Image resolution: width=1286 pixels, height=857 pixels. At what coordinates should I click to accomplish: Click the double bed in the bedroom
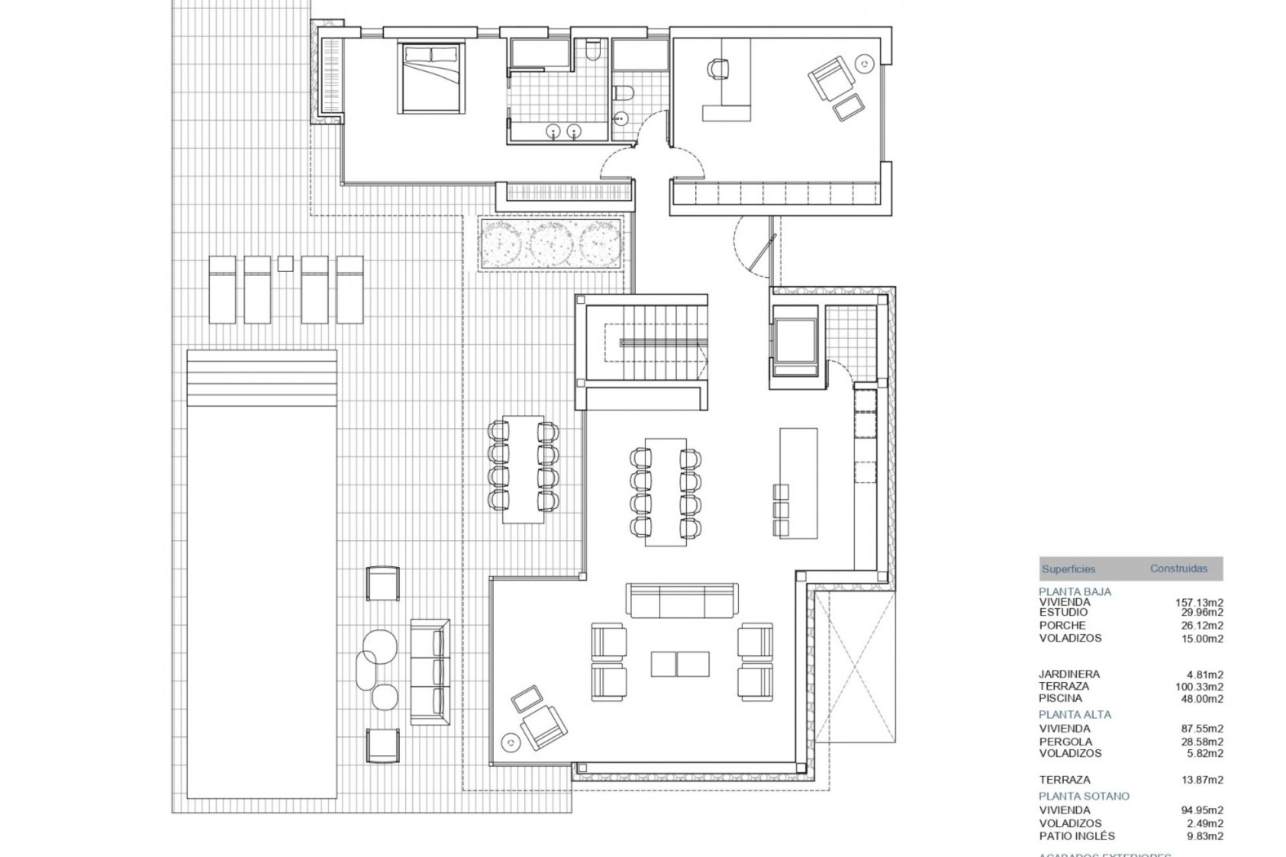pos(431,78)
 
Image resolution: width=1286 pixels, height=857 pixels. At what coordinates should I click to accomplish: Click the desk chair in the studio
pos(717,69)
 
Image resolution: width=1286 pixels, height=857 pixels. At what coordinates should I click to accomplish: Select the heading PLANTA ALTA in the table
pos(1074,714)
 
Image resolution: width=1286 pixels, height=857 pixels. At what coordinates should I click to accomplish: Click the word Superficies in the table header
pos(1068,569)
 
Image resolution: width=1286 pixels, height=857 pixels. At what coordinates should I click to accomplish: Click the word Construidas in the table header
pos(1179,568)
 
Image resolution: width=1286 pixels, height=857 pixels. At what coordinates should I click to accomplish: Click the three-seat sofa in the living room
pos(682,599)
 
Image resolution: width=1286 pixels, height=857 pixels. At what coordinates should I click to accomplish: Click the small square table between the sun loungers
pos(285,263)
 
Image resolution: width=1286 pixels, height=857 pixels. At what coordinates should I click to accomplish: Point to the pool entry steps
pos(262,378)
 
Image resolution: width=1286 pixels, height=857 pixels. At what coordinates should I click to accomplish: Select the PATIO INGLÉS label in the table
pos(1076,836)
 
